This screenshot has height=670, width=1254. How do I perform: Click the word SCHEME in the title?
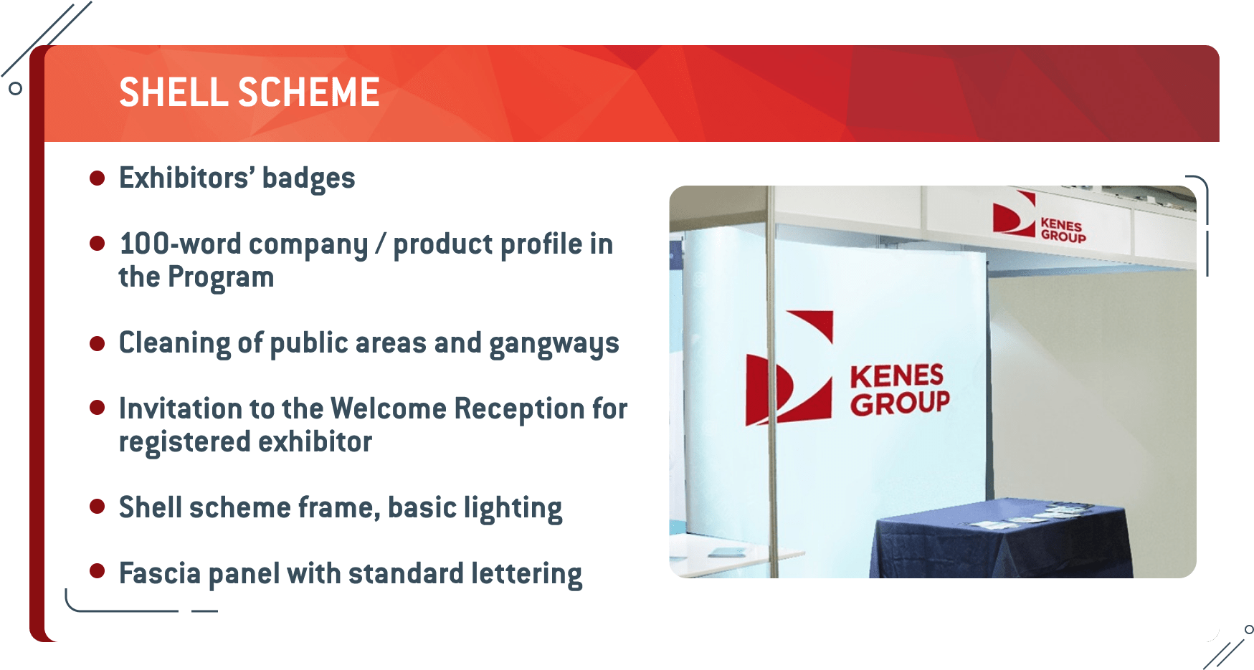(x=309, y=92)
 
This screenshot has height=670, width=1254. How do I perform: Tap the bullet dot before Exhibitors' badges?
(x=98, y=178)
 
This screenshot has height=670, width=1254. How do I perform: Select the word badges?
(x=308, y=178)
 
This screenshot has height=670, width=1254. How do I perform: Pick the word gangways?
(x=554, y=344)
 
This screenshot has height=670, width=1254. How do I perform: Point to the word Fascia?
(x=160, y=573)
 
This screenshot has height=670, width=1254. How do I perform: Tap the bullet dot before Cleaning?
(x=98, y=343)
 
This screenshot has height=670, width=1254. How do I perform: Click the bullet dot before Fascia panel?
(x=98, y=571)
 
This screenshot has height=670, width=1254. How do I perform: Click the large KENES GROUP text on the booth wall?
(x=900, y=389)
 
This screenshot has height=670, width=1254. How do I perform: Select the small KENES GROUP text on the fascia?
(x=1063, y=231)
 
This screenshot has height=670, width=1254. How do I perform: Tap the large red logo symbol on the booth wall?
(x=789, y=368)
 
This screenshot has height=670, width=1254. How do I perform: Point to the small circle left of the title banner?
(x=15, y=89)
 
